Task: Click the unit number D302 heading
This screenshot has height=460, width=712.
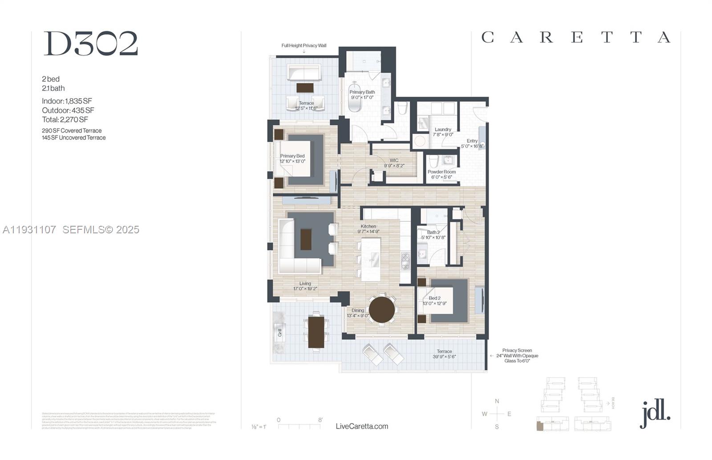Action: (91, 44)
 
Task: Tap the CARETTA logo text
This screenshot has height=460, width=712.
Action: (576, 37)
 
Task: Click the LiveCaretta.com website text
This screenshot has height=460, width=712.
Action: (362, 426)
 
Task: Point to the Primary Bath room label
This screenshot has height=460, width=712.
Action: (362, 92)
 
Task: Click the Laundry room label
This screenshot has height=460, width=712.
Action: (443, 130)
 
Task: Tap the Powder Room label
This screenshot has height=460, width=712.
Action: (441, 172)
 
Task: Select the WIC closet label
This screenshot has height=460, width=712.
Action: (394, 160)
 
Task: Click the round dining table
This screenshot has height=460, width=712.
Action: (382, 309)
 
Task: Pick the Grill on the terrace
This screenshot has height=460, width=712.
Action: (279, 332)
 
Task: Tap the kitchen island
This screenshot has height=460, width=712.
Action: (371, 260)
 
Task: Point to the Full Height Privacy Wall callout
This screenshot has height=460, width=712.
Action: (304, 45)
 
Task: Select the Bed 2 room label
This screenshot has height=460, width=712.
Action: (434, 298)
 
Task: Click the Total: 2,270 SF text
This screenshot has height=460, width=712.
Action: (65, 120)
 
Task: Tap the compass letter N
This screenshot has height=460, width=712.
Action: (497, 401)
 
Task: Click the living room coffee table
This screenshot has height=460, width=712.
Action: (306, 239)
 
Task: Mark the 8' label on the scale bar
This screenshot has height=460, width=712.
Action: (320, 420)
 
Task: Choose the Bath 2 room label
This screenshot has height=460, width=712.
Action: (433, 232)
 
